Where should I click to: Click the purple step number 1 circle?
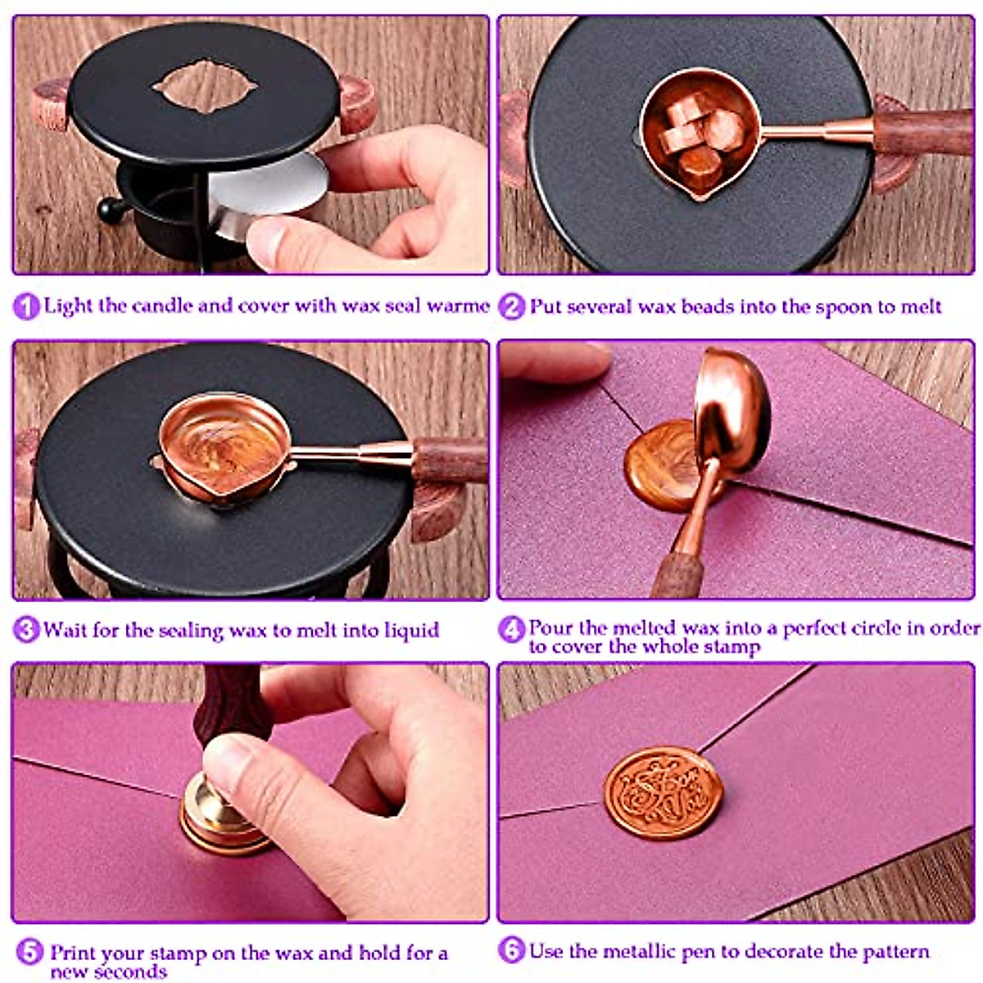(x=26, y=307)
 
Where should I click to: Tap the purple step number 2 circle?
(x=511, y=307)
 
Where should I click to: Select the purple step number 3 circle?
(x=26, y=630)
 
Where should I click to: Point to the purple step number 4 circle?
(x=511, y=630)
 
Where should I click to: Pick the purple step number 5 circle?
(x=29, y=953)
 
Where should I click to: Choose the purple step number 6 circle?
(x=511, y=951)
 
